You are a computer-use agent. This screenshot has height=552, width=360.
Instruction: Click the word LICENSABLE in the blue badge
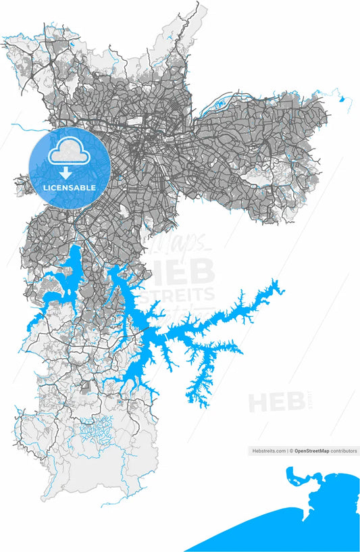coord(70,186)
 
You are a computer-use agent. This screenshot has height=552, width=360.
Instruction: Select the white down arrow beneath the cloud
coord(70,173)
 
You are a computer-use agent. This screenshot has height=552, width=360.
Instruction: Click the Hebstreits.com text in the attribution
coord(269,451)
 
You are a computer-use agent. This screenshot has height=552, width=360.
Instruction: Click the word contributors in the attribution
coord(344,451)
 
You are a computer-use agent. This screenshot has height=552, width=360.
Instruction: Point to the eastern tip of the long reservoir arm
coord(283,286)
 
